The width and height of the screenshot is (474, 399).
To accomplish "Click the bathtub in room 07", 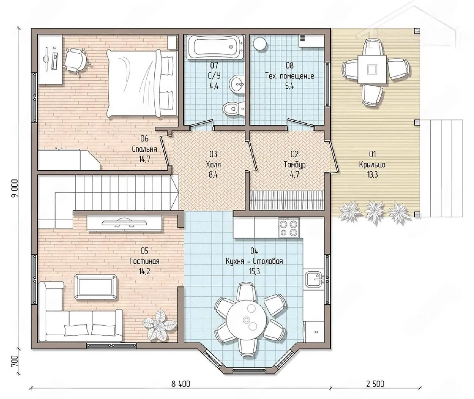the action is point(215,47).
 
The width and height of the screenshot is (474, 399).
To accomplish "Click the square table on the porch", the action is point(372,70).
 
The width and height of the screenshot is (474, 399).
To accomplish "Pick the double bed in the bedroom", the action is point(142,84).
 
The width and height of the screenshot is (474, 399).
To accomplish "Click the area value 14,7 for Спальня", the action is point(144,159).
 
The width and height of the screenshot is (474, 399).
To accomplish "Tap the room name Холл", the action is point(213,165).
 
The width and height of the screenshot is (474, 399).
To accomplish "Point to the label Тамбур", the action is point(295,165).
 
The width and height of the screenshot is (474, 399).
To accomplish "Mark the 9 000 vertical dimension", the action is point(15,188).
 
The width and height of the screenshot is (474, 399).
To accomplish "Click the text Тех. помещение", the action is point(290,76).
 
